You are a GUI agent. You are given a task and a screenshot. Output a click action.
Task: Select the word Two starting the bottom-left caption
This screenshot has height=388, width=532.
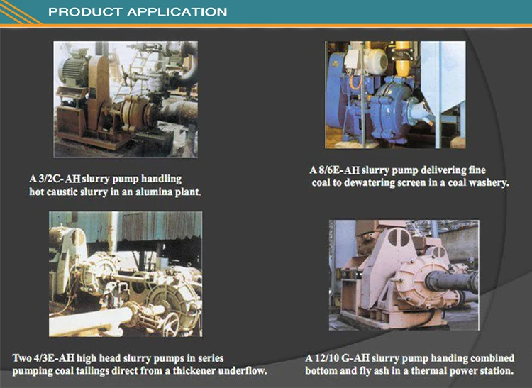click(23, 358)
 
